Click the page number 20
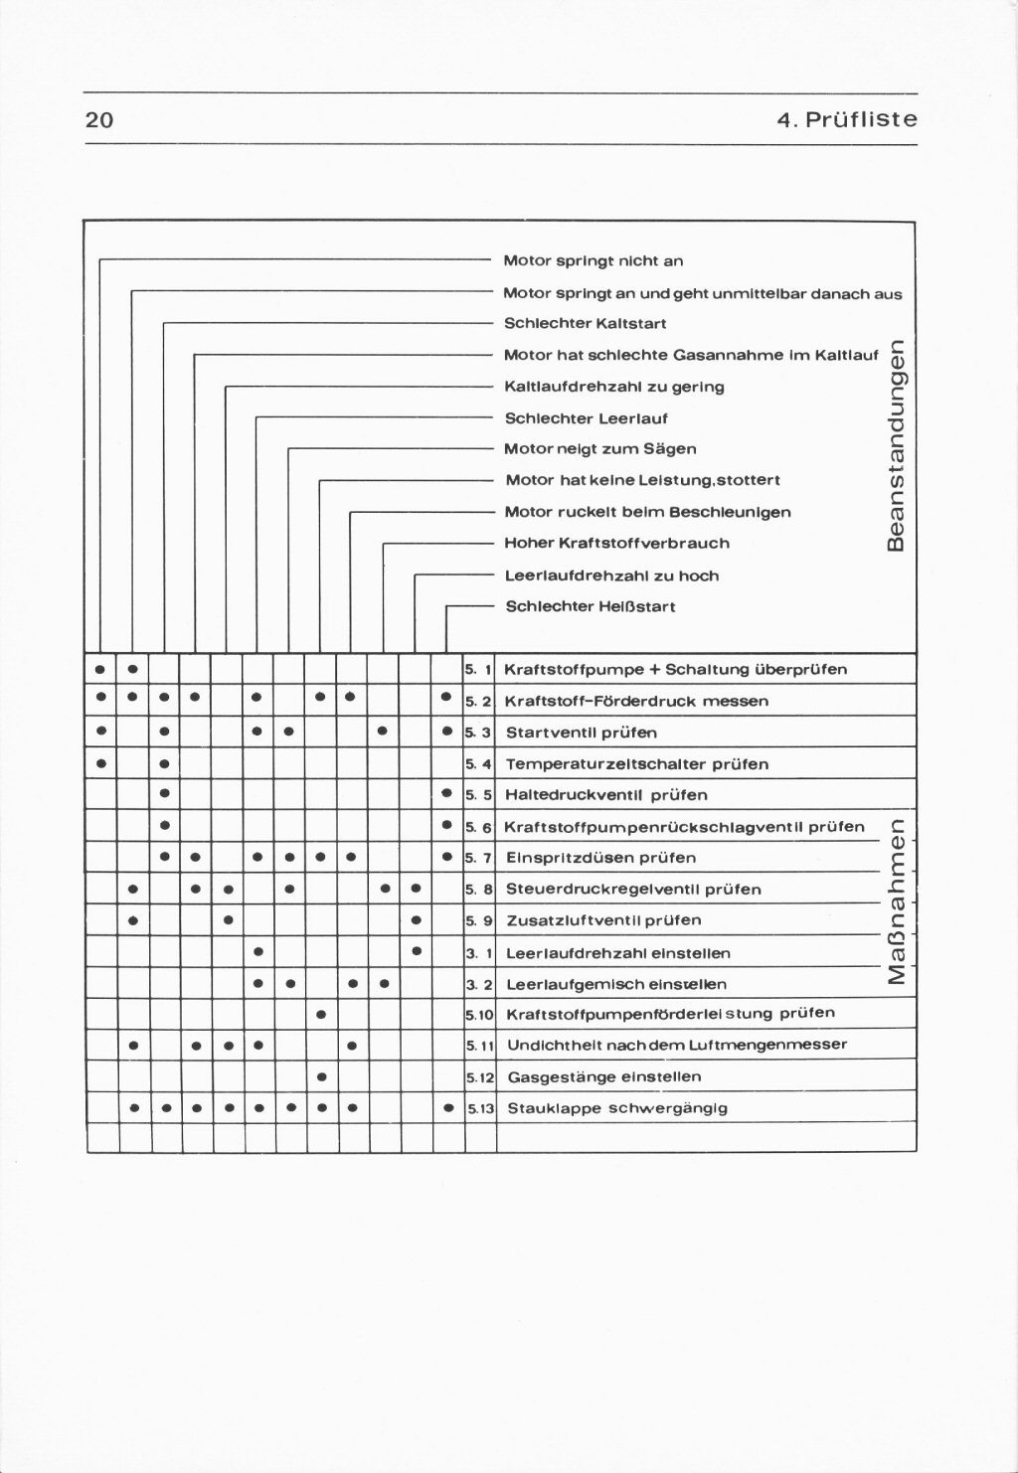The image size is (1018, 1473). point(99,120)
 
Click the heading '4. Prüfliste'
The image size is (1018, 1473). point(847,120)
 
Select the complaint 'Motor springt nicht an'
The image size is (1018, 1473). point(594,261)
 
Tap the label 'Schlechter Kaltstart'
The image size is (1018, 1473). point(586,323)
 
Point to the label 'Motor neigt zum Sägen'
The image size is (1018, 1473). point(600,448)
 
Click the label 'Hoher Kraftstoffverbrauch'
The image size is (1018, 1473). point(617,543)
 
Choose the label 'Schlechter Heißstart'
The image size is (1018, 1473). point(591,606)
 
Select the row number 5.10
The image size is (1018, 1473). point(480,1015)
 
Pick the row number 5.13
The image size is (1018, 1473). point(480,1108)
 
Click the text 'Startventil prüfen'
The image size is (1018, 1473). point(582,733)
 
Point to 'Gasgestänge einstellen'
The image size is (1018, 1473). point(604,1076)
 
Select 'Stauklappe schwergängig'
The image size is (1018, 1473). point(617,1108)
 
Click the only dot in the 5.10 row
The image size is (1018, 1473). point(321,1015)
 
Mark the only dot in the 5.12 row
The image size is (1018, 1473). point(321,1076)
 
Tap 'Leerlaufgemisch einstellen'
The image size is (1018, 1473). point(616,984)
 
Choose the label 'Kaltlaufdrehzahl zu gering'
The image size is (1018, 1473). point(614,386)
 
